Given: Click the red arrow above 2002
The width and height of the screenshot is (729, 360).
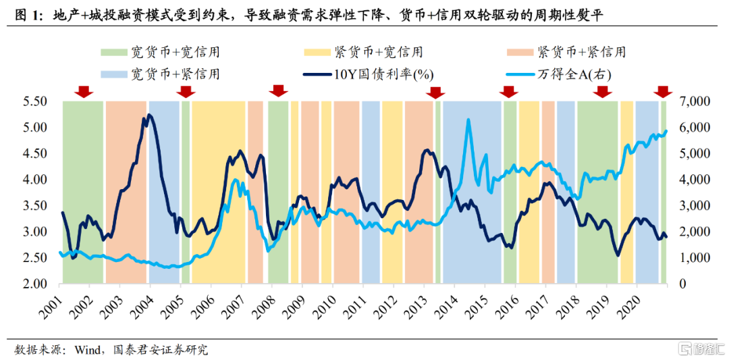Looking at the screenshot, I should tap(83, 91).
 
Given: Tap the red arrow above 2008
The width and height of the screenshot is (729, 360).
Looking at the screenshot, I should tap(277, 91).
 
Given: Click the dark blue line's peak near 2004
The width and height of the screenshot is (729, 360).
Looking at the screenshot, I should tap(148, 115).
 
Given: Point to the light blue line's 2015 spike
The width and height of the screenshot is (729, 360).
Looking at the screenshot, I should tap(468, 120).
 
